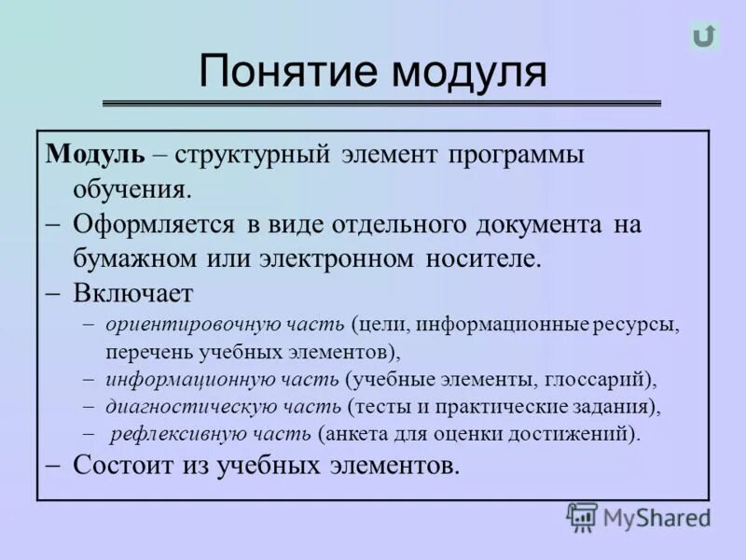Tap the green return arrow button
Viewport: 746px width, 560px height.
point(704,36)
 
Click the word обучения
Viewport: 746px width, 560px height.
point(131,189)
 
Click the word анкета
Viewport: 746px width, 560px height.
point(353,434)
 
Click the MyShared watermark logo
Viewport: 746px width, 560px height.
point(639,517)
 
